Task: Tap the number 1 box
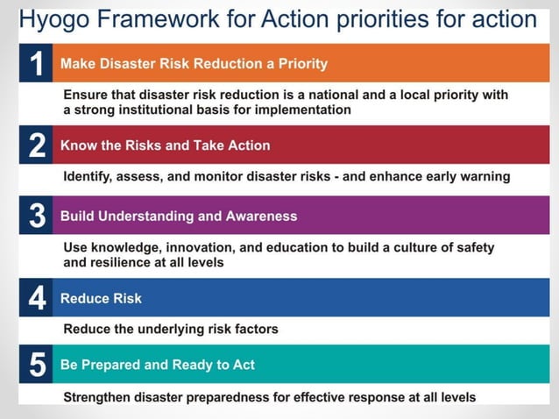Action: (36, 63)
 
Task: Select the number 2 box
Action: (36, 146)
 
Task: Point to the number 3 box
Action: (36, 216)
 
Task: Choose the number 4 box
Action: (36, 298)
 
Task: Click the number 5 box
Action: (36, 364)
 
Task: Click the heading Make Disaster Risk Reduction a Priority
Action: (194, 63)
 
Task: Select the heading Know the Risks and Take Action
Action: (165, 146)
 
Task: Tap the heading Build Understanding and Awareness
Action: (179, 216)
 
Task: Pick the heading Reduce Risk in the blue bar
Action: (101, 298)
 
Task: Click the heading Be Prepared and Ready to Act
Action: (158, 364)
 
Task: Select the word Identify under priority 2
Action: (88, 176)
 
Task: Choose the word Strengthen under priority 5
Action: (99, 397)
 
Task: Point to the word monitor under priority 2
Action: (234, 176)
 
